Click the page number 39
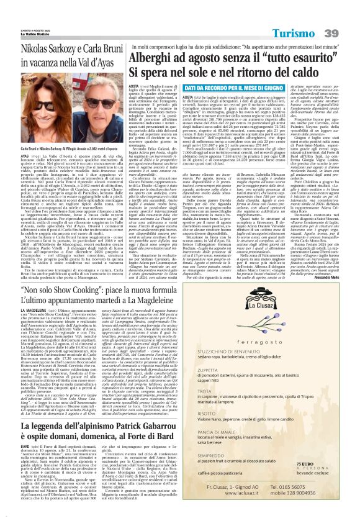coord(344,15)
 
